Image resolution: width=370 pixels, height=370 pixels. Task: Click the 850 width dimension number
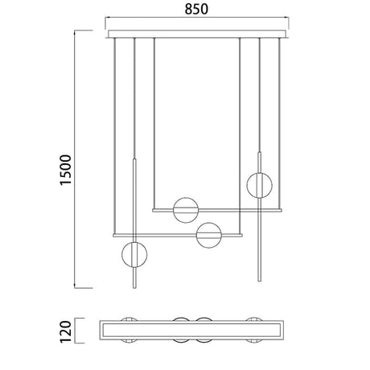196,9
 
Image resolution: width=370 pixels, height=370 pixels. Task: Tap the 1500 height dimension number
66,170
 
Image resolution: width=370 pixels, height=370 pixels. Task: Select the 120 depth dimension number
66,331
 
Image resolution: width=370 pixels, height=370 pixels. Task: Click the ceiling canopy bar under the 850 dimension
197,34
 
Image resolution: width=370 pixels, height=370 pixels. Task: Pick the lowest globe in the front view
134,255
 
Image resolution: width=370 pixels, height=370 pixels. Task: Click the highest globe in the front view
259,185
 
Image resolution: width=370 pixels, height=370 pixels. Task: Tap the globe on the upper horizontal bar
186,210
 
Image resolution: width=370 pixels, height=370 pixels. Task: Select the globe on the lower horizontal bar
209,235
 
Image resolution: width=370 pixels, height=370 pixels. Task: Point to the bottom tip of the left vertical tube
134,288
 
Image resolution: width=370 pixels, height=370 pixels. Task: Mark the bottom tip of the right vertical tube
259,281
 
